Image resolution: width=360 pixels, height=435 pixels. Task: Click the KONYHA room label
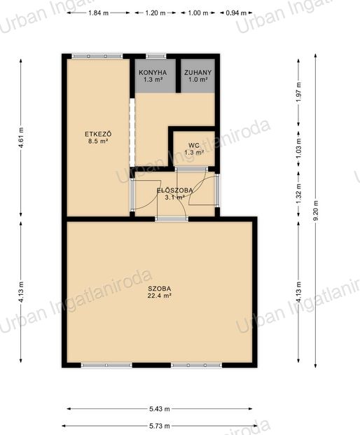click(x=153, y=73)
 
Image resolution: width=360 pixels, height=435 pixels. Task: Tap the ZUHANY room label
click(x=198, y=73)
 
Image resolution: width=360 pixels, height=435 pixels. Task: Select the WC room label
click(x=193, y=145)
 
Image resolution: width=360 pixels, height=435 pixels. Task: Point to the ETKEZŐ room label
click(x=98, y=134)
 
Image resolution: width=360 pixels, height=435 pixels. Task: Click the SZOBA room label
click(x=159, y=289)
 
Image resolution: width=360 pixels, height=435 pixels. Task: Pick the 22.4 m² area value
click(x=159, y=296)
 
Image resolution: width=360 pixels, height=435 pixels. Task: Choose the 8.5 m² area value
click(x=98, y=141)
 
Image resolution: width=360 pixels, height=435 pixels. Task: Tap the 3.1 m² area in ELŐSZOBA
click(x=174, y=198)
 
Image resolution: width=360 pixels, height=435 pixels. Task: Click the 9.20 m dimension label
click(x=316, y=210)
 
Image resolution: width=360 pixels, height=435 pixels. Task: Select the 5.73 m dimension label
click(x=159, y=426)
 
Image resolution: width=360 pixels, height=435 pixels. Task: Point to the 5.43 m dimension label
click(x=159, y=408)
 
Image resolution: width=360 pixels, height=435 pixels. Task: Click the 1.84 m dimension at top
click(x=99, y=13)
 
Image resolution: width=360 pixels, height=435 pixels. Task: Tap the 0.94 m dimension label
click(x=236, y=13)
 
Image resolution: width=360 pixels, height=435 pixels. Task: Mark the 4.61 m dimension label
click(x=21, y=137)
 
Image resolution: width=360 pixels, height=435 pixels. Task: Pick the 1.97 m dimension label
click(x=298, y=92)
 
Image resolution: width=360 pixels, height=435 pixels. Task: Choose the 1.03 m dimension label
click(x=298, y=148)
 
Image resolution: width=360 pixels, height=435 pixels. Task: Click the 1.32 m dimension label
click(x=298, y=194)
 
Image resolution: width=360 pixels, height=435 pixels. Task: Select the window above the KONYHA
click(x=156, y=56)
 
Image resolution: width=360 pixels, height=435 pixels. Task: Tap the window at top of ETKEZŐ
click(x=97, y=56)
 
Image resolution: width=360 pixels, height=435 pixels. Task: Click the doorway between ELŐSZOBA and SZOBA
click(x=172, y=219)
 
